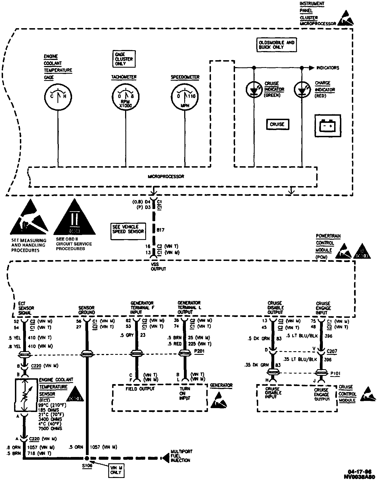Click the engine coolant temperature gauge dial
58,96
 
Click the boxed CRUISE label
277,124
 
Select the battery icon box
328,126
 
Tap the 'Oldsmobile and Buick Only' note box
276,45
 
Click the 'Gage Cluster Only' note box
124,59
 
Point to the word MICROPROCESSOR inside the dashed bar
166,176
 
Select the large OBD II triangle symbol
75,218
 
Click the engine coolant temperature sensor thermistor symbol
25,395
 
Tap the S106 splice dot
87,458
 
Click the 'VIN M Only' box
116,470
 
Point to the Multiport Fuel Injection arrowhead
165,458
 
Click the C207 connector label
332,351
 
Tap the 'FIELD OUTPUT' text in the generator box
140,388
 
